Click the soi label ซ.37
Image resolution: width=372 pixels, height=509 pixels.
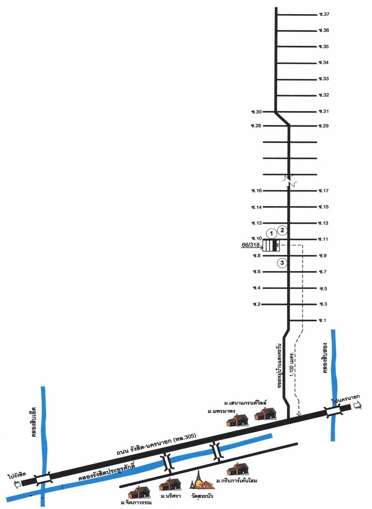click(324, 15)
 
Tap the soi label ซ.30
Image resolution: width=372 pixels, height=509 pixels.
click(257, 112)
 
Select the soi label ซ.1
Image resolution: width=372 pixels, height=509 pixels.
click(323, 320)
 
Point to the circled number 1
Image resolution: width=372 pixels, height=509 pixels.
click(272, 233)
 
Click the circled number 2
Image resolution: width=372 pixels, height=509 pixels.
click(283, 231)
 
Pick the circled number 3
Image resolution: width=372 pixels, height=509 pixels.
click(282, 263)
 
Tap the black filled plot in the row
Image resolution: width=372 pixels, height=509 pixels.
click(274, 245)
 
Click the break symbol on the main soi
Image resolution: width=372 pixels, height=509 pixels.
click(289, 181)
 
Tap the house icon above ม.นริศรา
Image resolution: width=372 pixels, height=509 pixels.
click(170, 484)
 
